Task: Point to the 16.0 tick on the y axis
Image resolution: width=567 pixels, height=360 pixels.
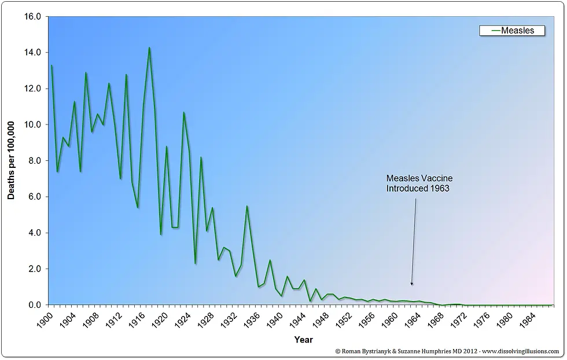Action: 32,16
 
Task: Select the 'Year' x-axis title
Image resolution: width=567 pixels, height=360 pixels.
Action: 303,339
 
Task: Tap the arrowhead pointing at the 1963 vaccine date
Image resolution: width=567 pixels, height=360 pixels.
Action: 411,283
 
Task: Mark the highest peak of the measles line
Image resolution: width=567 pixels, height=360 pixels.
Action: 149,47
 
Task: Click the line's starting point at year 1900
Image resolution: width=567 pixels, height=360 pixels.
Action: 51,65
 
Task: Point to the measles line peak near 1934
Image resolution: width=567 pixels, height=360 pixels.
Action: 247,206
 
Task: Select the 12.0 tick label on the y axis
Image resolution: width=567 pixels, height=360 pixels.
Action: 32,89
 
